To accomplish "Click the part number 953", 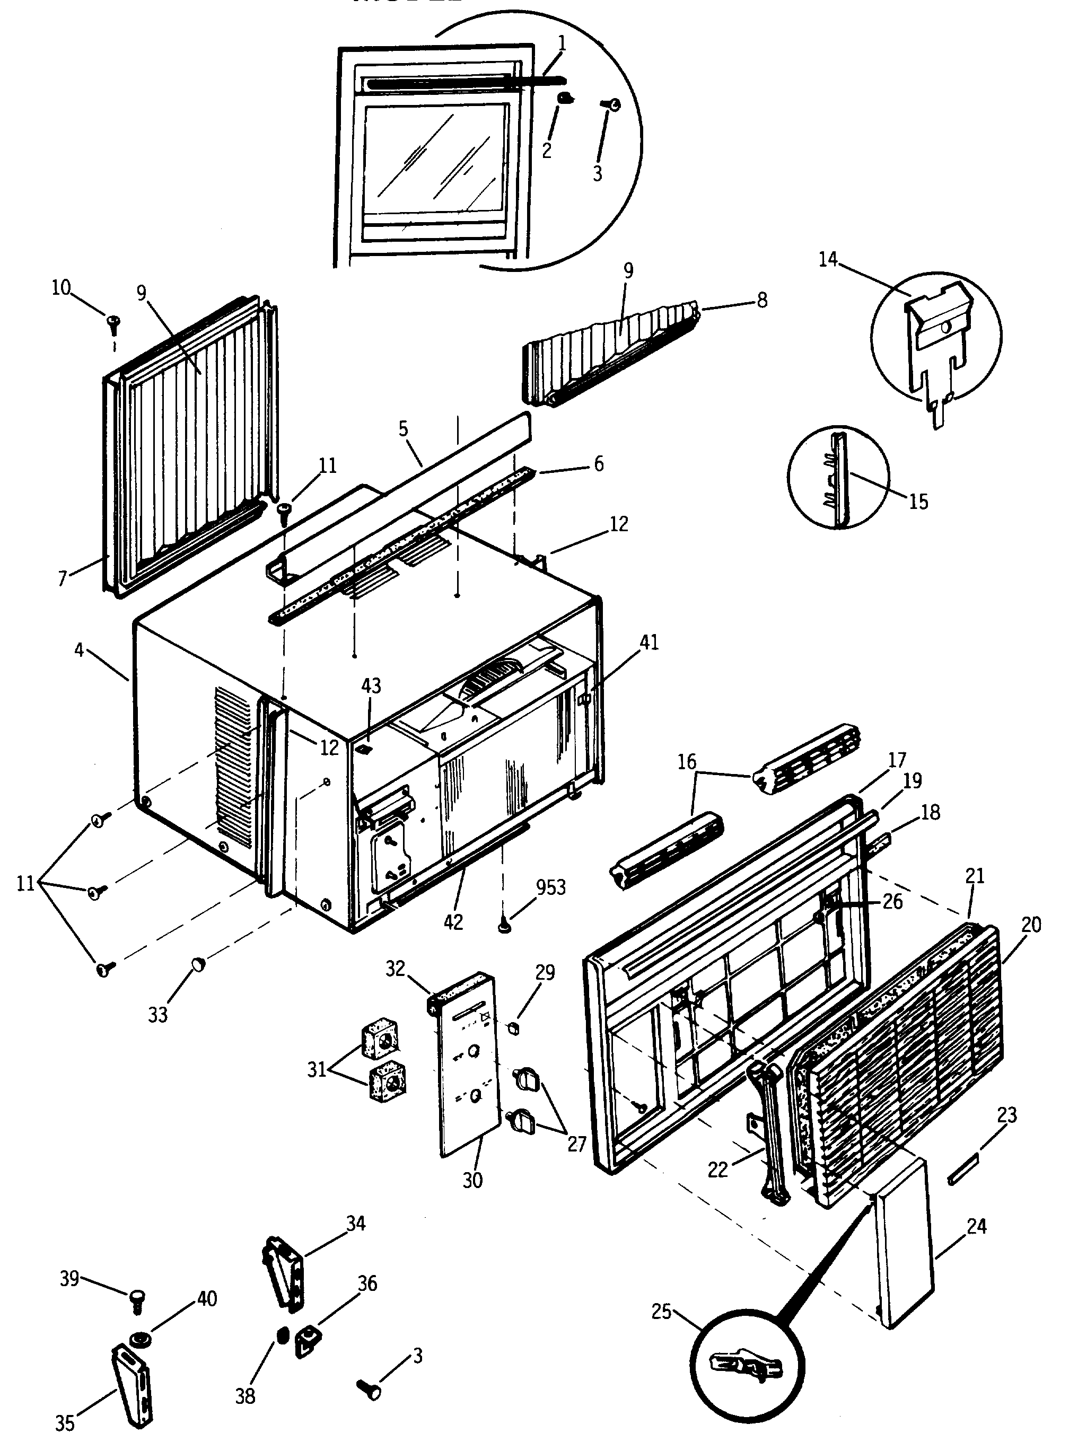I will click(x=551, y=887).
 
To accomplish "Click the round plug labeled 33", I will click(x=197, y=965).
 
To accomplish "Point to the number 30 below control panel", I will click(x=472, y=1180).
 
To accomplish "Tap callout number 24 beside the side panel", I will click(x=976, y=1226).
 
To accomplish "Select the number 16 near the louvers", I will click(x=687, y=762).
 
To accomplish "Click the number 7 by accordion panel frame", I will click(x=63, y=578).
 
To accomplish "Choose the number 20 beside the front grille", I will click(x=1031, y=925).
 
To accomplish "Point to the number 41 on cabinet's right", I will click(x=649, y=643).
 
